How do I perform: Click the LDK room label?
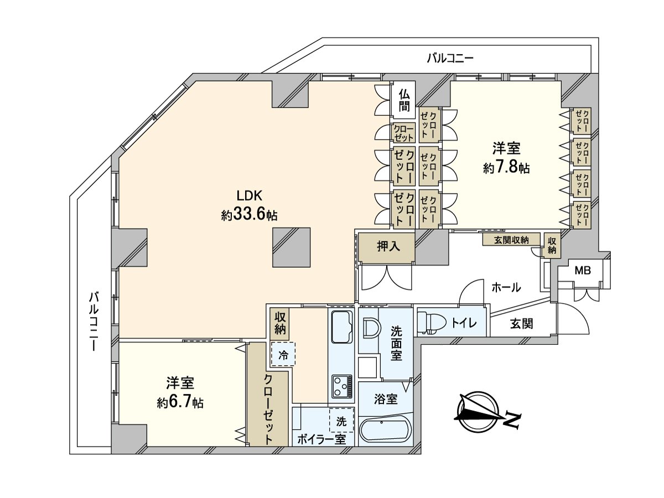click(x=248, y=196)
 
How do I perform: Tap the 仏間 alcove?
click(x=403, y=100)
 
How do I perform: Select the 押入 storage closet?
click(x=386, y=247)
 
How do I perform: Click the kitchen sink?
click(x=342, y=330)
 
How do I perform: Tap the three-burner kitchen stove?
click(x=342, y=386)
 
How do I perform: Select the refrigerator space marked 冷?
click(x=283, y=354)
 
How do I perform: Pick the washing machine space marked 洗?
click(x=341, y=420)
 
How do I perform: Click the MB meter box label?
click(x=583, y=271)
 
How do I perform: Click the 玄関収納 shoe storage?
click(x=511, y=240)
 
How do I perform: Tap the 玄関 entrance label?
click(x=522, y=324)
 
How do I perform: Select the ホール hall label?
click(x=506, y=287)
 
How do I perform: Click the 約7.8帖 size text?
click(x=506, y=168)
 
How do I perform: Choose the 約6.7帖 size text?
click(x=180, y=403)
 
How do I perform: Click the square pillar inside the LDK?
click(x=291, y=247)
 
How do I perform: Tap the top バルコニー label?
click(x=450, y=58)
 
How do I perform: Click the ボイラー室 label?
click(x=321, y=439)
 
